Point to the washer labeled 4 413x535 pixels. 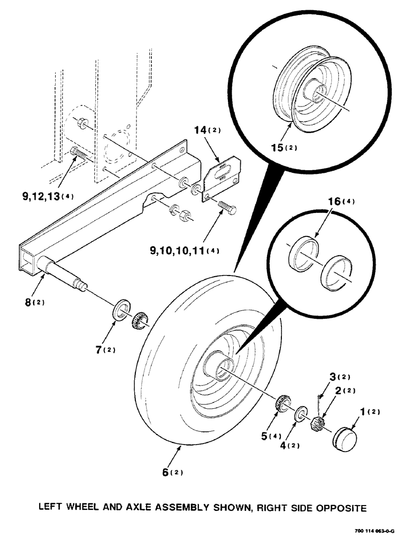pyautogui.click(x=301, y=412)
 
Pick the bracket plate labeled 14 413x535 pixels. pyautogui.click(x=221, y=177)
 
